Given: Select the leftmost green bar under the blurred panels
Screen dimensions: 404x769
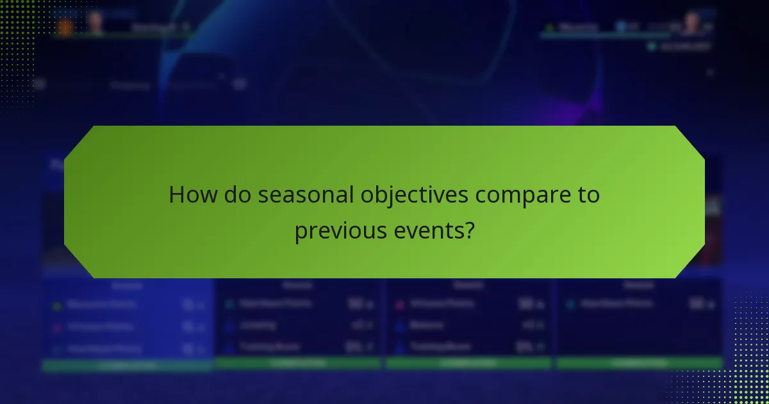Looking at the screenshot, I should pyautogui.click(x=127, y=366).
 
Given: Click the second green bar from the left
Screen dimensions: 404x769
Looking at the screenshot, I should pyautogui.click(x=299, y=363).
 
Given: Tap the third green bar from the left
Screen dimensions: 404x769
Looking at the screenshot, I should pyautogui.click(x=468, y=363).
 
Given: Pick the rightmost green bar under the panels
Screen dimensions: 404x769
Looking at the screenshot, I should pyautogui.click(x=639, y=363).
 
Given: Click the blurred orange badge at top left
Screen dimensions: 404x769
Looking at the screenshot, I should pyautogui.click(x=65, y=27).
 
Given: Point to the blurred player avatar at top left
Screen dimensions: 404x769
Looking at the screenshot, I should pyautogui.click(x=95, y=23).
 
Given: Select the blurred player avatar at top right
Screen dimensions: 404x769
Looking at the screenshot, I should pyautogui.click(x=690, y=24).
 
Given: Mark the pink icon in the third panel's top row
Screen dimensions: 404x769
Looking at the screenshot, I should pyautogui.click(x=399, y=304).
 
